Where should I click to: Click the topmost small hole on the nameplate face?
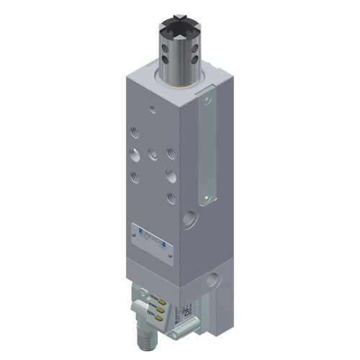(152, 109)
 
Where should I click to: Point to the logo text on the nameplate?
(148, 235)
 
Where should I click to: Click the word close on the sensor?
(153, 295)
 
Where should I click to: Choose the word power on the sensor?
(153, 304)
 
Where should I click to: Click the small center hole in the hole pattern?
(152, 153)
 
